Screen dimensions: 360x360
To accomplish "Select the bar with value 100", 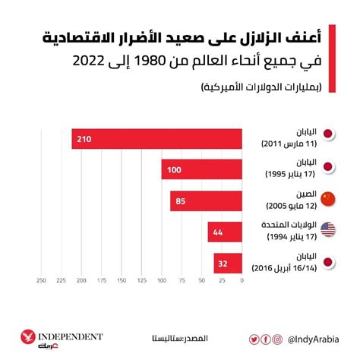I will click(x=201, y=169).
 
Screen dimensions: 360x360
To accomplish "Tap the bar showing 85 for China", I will click(x=206, y=200).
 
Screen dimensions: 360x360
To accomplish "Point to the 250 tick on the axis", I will click(x=42, y=280).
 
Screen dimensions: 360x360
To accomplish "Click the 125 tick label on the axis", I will click(x=141, y=280).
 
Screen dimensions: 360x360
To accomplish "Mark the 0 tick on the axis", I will click(x=241, y=280).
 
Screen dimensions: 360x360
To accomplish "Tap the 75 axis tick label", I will click(x=182, y=280).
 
